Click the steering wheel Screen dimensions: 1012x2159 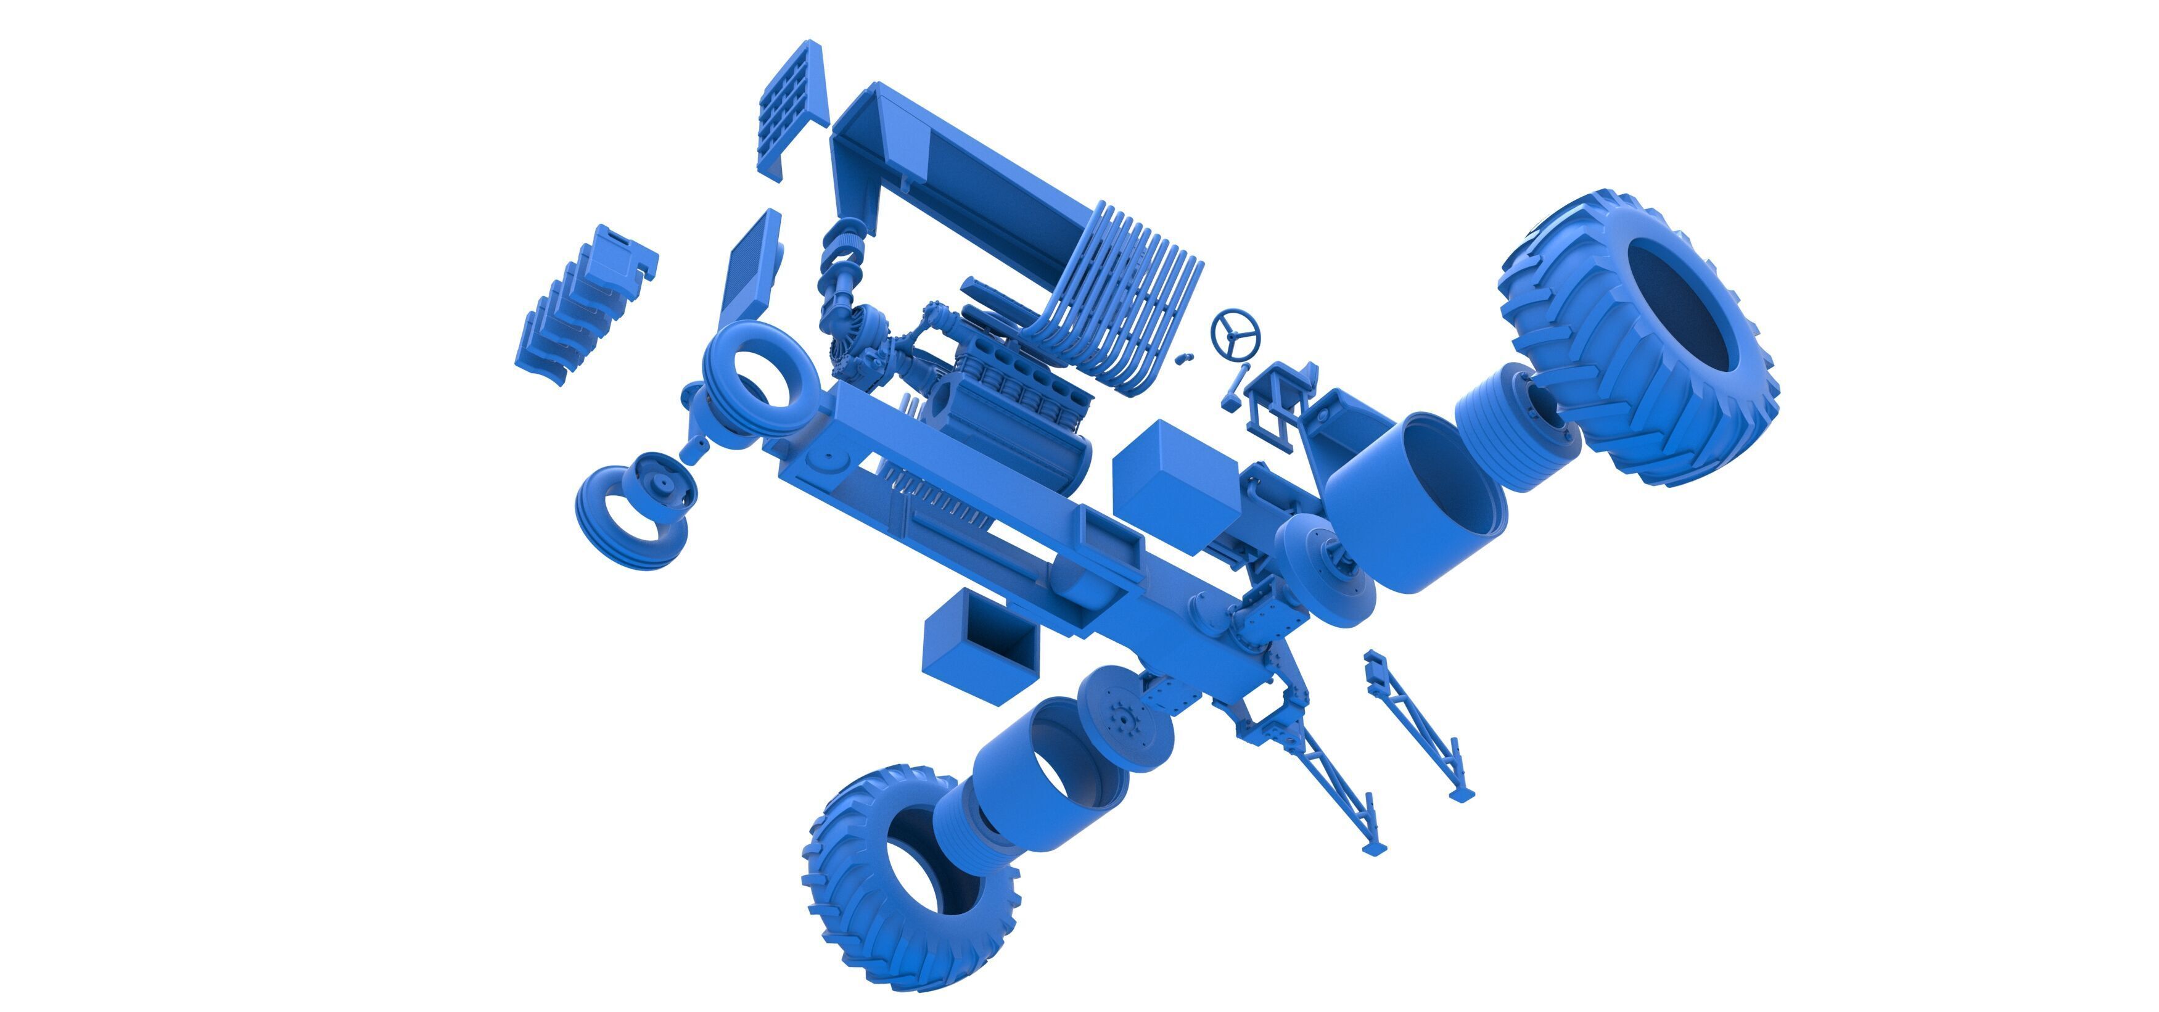point(1235,334)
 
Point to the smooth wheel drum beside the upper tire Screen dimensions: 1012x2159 point(1417,503)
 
